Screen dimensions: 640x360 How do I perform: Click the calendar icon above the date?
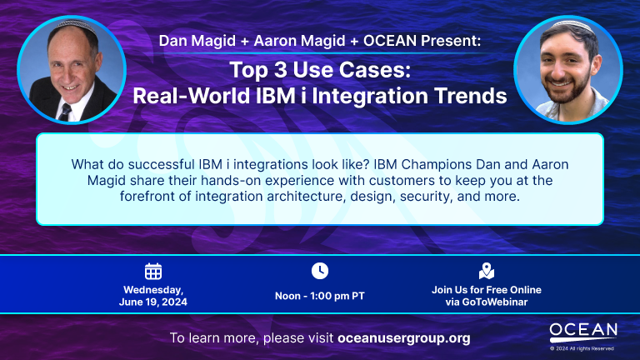coord(153,272)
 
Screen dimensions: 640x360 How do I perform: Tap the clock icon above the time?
coord(320,271)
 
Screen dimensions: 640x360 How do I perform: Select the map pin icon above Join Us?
coord(486,271)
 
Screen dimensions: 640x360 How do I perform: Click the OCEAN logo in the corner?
coord(583,332)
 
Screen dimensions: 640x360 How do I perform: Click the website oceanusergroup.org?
coord(403,338)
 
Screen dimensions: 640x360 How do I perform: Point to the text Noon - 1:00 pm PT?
coord(320,296)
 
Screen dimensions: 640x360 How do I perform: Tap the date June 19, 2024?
coord(153,302)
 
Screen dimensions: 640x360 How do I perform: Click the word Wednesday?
coord(153,290)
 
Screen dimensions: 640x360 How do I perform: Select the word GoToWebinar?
coord(495,302)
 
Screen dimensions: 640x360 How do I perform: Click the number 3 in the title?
coord(281,70)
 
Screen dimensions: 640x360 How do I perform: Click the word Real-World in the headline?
coord(191,96)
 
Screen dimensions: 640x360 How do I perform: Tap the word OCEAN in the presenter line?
coord(390,41)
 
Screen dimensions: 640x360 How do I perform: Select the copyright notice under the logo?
coord(582,348)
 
